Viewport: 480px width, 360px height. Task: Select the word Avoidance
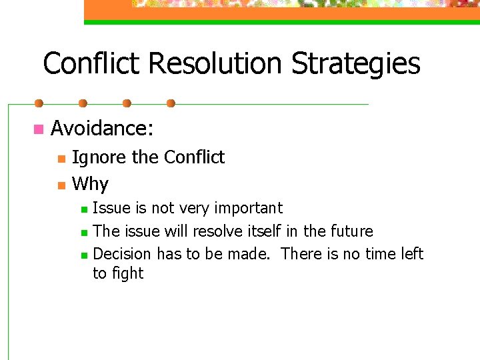[x=102, y=128]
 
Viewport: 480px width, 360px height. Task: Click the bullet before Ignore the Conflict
[x=61, y=159]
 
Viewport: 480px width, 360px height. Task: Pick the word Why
[x=90, y=184]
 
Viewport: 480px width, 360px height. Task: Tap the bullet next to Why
[x=61, y=185]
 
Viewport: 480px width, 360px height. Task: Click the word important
[x=248, y=209]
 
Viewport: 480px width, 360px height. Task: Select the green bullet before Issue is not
[x=83, y=209]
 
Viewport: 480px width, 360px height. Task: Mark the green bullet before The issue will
[x=83, y=233]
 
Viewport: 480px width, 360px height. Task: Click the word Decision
[x=123, y=254]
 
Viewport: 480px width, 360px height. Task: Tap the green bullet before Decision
[x=83, y=255]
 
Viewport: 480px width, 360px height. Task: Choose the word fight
[x=128, y=274]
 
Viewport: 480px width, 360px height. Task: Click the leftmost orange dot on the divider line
[x=39, y=103]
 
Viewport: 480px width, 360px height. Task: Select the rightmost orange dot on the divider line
[x=171, y=103]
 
